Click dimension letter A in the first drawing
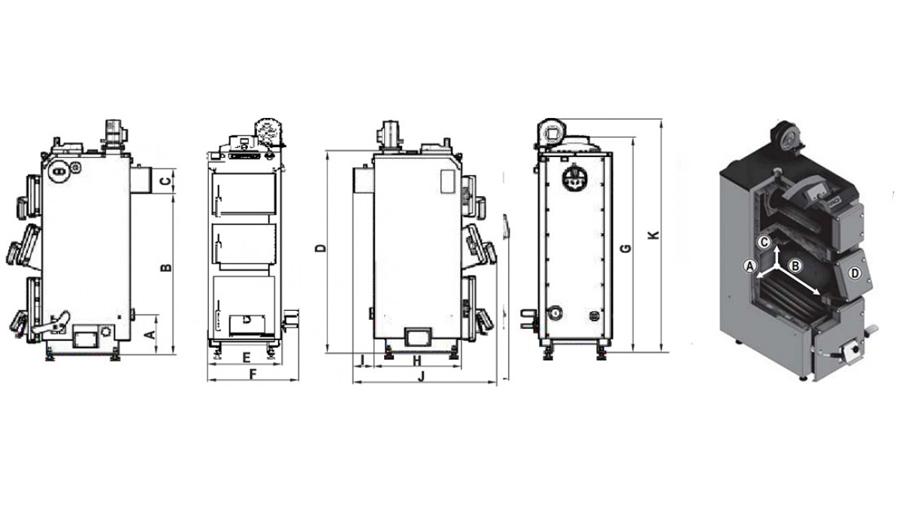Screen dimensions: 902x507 tap(150, 334)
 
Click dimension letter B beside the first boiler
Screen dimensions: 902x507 tap(166, 267)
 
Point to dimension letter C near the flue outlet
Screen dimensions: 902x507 tap(165, 181)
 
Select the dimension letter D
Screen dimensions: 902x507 tap(320, 249)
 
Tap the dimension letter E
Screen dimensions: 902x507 tap(247, 358)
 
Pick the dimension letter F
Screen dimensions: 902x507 tap(253, 375)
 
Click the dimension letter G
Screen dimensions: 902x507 tap(625, 249)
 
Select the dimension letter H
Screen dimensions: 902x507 tap(417, 361)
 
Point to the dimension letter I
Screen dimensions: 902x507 tap(362, 360)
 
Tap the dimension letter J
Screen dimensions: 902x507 tap(422, 376)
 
